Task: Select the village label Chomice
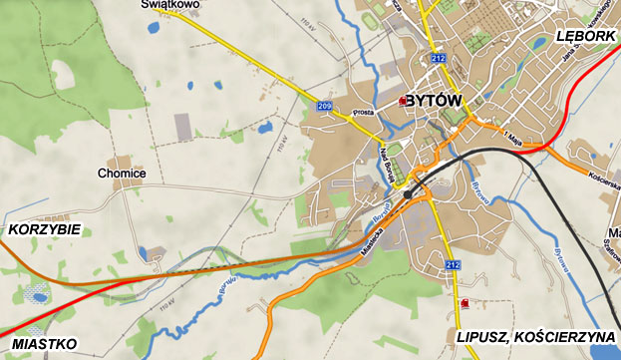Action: pos(122,174)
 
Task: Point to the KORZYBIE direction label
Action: pos(44,229)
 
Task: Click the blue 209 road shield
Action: pos(325,107)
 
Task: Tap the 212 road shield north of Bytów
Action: pos(439,59)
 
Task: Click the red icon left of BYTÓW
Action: pos(402,101)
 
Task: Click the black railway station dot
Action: pos(408,193)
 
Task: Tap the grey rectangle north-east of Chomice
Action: pos(183,127)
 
